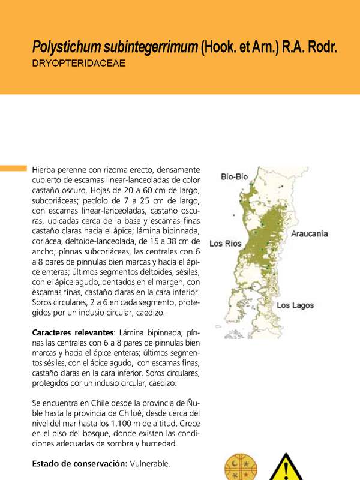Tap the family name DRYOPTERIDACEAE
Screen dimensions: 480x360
(x=79, y=62)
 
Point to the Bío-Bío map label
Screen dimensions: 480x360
(x=235, y=177)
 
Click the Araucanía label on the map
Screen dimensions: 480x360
(x=309, y=234)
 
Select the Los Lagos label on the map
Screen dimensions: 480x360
(x=295, y=305)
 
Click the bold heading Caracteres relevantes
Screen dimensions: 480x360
(x=73, y=332)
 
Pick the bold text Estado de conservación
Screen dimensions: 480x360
(x=78, y=464)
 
